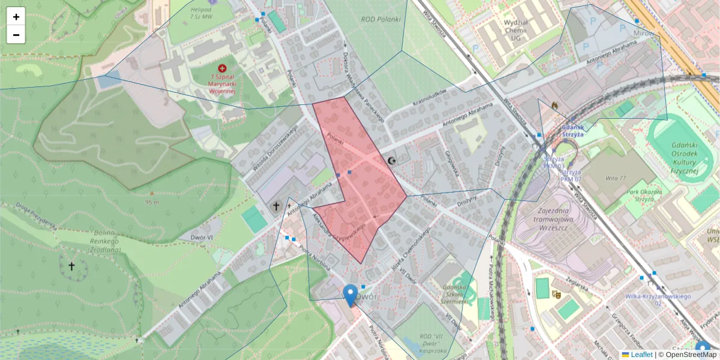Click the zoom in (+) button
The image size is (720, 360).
click(16, 17)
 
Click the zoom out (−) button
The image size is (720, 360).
click(16, 35)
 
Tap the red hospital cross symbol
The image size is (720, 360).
click(223, 69)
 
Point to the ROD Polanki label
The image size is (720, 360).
click(380, 19)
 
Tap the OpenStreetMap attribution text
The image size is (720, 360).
click(687, 355)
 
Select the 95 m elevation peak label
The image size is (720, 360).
click(152, 201)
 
